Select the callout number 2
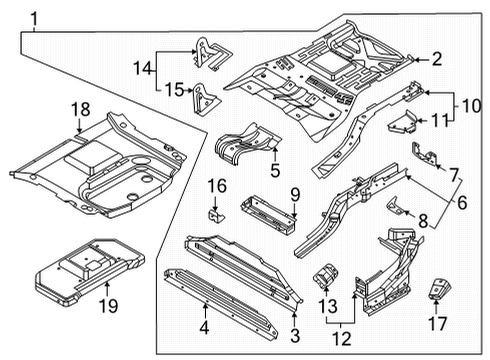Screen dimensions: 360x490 click(435, 59)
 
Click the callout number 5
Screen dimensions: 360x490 click(275, 169)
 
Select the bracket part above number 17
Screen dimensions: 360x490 click(438, 289)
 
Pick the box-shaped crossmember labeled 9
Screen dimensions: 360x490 click(265, 212)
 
